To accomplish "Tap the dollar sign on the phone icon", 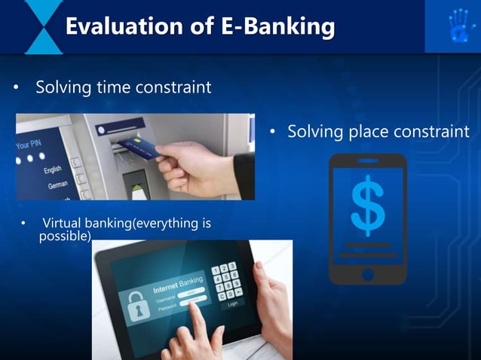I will coord(368,203).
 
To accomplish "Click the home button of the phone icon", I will coord(368,274).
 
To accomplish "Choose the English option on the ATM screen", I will coord(53,170).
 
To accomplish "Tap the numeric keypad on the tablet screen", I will coord(225,280).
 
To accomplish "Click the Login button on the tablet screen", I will coord(232,303).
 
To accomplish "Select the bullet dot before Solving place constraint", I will coord(275,133).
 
